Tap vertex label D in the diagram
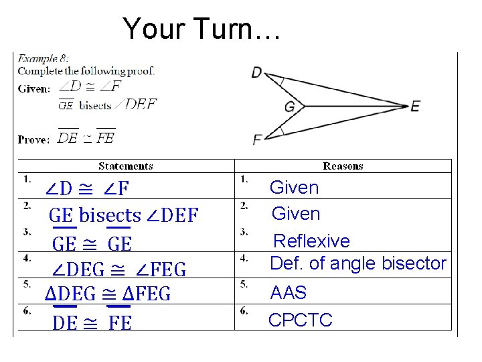258,72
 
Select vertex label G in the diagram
290,107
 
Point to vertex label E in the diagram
416,106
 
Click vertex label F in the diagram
258,139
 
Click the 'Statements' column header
126,166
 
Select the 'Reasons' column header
343,166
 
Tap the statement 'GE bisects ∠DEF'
124,216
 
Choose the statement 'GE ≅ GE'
92,243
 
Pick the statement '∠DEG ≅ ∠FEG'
119,270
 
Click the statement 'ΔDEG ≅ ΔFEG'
108,294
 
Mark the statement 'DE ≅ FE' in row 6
92,323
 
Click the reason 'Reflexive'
312,241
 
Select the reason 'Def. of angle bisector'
357,263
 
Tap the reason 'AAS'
288,293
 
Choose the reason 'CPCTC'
300,320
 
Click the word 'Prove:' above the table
33,139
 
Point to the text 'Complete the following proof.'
86,70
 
